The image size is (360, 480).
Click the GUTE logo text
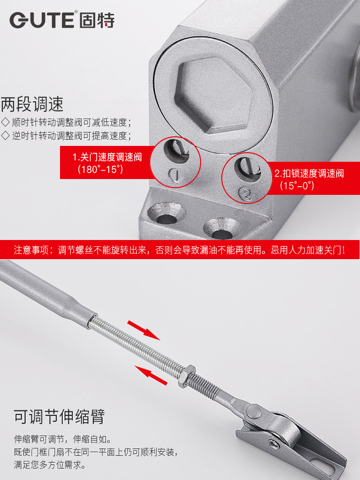pyautogui.click(x=42, y=20)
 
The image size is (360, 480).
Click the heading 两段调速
pyautogui.click(x=32, y=104)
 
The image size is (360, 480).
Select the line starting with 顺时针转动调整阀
pyautogui.click(x=66, y=122)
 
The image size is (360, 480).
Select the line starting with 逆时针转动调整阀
pyautogui.click(x=66, y=136)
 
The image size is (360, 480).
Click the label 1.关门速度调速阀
pyautogui.click(x=107, y=157)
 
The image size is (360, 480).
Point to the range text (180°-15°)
pyautogui.click(x=100, y=169)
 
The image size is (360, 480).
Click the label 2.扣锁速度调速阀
pyautogui.click(x=309, y=173)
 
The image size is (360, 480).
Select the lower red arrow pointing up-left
pyautogui.click(x=151, y=375)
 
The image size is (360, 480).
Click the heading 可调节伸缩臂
pyautogui.click(x=59, y=417)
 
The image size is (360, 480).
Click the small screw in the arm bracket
pyautogui.click(x=274, y=443)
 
